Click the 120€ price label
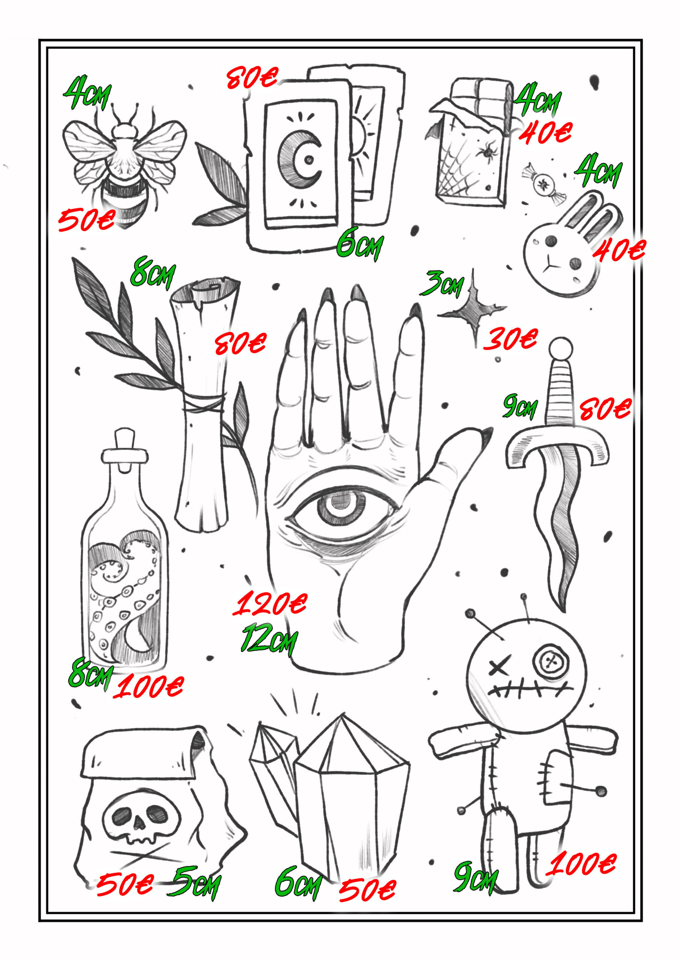[x=270, y=604]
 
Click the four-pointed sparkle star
[x=473, y=310]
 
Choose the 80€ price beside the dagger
[x=605, y=408]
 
